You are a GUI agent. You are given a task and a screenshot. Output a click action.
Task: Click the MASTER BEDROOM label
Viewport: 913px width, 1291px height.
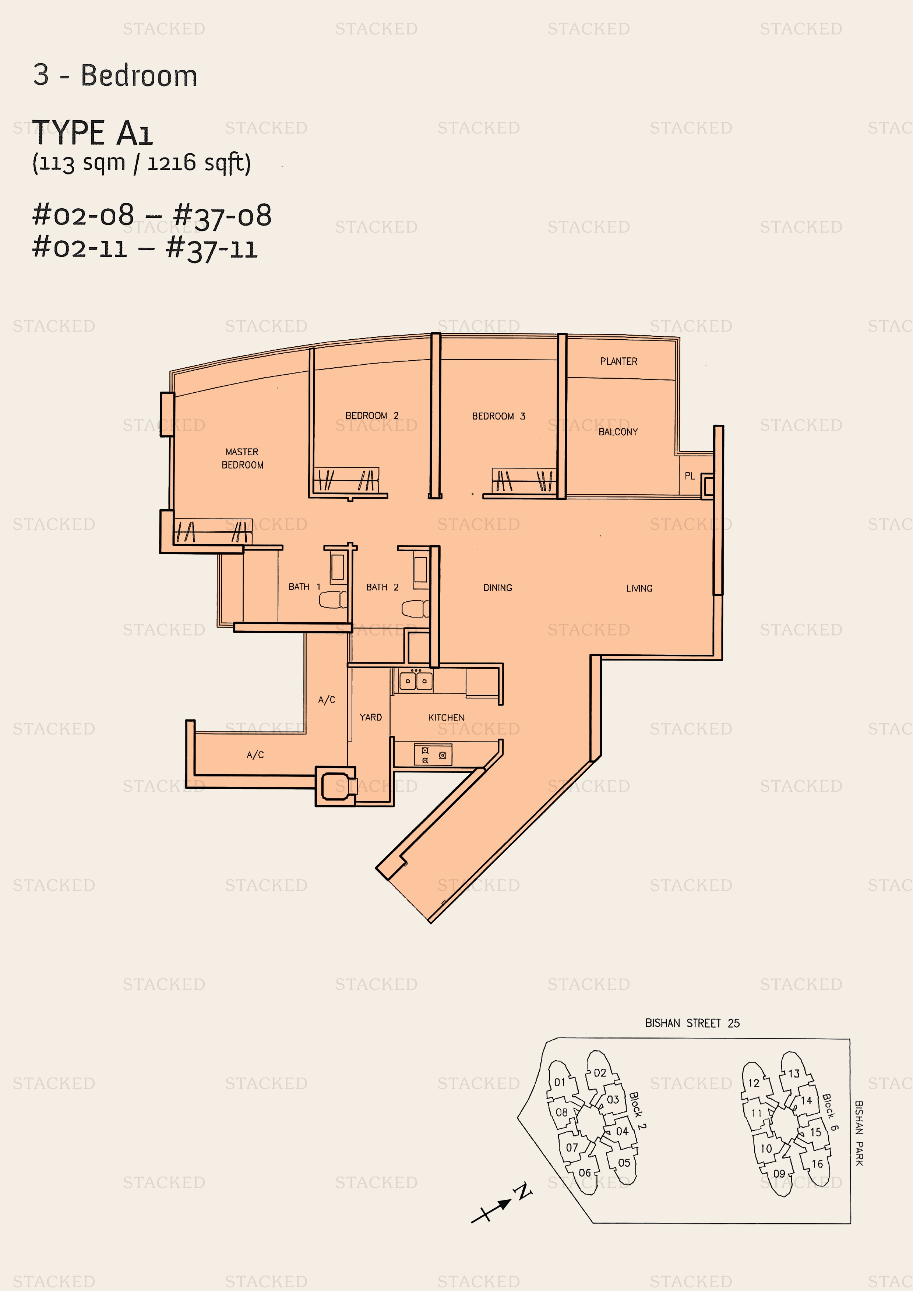pyautogui.click(x=243, y=458)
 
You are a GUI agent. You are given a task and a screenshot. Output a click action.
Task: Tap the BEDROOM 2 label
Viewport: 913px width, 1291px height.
pyautogui.click(x=372, y=415)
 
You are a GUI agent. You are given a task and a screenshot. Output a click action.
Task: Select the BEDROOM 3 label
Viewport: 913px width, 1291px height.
pyautogui.click(x=498, y=416)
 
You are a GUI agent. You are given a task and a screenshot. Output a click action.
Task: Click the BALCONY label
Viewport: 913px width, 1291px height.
pyautogui.click(x=618, y=432)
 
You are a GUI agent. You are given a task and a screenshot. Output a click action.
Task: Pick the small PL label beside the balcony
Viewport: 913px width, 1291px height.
pyautogui.click(x=690, y=476)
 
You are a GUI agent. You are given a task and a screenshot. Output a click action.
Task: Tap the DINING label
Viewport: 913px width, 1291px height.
pyautogui.click(x=498, y=588)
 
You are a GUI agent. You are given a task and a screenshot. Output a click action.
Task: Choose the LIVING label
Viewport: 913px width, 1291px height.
pyautogui.click(x=639, y=588)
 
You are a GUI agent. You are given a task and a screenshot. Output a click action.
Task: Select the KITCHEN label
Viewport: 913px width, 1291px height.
pyautogui.click(x=446, y=718)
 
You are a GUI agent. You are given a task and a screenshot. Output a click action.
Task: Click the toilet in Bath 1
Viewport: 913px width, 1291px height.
pyautogui.click(x=333, y=599)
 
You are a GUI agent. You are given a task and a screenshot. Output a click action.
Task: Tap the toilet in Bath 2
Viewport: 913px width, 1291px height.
pyautogui.click(x=416, y=608)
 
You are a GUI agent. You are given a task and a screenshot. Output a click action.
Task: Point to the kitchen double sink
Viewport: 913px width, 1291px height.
pyautogui.click(x=416, y=680)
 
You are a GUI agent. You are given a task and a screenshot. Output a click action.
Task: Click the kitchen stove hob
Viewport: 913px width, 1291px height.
pyautogui.click(x=433, y=754)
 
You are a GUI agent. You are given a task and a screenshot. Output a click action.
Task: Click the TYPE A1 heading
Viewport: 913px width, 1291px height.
pyautogui.click(x=92, y=133)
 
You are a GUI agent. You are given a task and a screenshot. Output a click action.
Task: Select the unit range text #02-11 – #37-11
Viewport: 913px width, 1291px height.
pyautogui.click(x=145, y=248)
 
